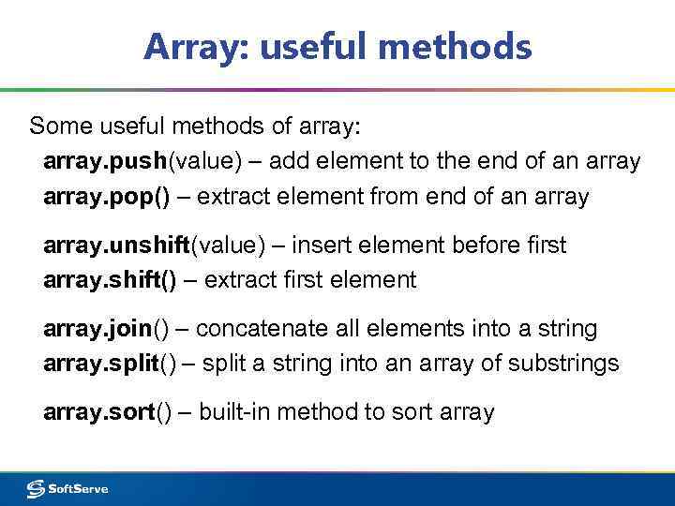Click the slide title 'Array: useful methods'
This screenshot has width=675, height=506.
[337, 46]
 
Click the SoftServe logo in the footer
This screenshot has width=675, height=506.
[67, 488]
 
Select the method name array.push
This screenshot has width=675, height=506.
[104, 162]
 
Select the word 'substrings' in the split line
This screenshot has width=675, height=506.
[564, 364]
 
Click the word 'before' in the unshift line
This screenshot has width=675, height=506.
[489, 246]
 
